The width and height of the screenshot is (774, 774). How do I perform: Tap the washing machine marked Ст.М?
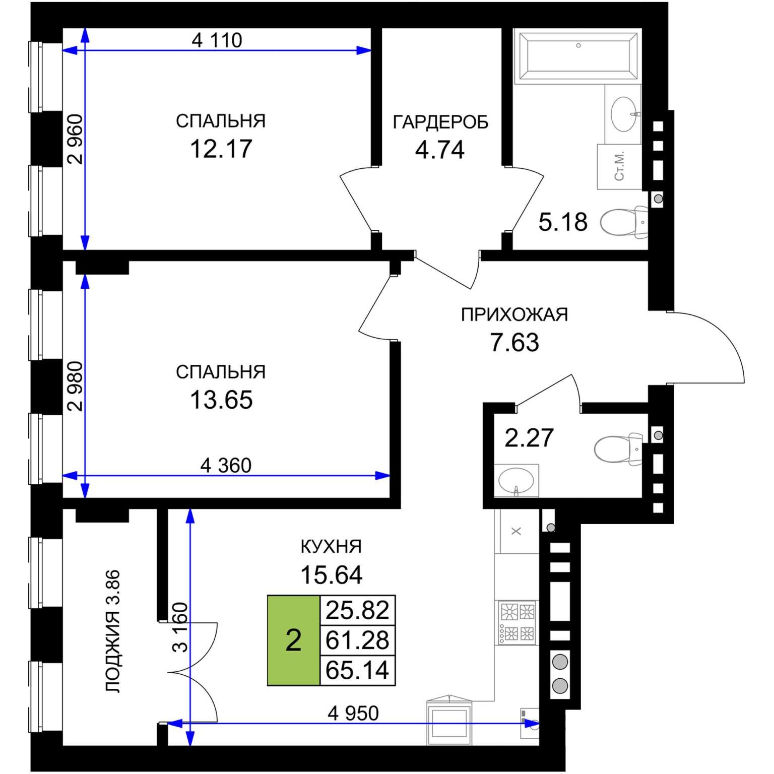619,167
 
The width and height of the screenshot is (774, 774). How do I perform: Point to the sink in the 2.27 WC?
517,481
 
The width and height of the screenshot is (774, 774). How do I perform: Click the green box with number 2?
293,640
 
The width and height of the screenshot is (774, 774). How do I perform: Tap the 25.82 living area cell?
357,610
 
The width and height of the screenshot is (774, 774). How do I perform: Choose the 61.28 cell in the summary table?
357,640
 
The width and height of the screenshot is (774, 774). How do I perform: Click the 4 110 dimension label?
217,40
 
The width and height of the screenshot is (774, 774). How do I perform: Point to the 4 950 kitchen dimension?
353,713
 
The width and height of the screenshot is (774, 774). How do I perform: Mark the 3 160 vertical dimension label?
180,627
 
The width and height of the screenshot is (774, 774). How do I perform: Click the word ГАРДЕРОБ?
440,122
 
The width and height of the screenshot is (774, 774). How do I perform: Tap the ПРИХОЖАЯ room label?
514,314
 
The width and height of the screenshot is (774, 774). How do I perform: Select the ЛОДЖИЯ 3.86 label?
113,631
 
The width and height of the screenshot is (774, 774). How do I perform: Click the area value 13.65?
221,400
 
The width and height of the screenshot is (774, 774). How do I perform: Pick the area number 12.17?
221,149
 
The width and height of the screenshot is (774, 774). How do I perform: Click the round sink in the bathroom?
624,114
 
